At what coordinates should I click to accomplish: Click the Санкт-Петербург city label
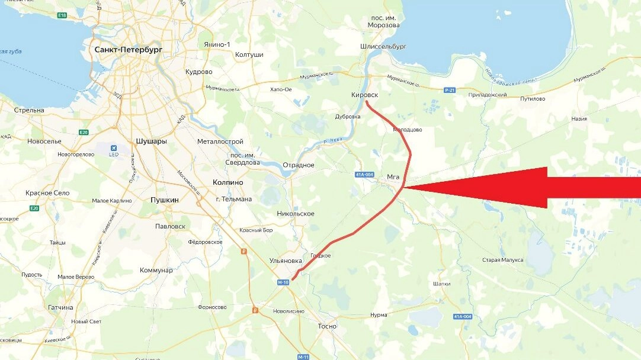[x=128, y=50]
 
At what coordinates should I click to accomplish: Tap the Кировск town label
[x=365, y=95]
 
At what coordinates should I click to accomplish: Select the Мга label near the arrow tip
[x=393, y=176]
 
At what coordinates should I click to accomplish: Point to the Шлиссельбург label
[x=383, y=46]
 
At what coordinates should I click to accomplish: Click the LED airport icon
[x=113, y=149]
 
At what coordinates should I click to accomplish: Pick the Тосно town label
[x=326, y=326]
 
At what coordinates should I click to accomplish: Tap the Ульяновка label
[x=286, y=261]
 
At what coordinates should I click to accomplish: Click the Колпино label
[x=227, y=183]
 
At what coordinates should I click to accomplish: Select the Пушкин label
[x=165, y=200]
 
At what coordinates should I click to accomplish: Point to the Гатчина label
[x=61, y=307]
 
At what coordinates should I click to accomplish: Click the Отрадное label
[x=298, y=165]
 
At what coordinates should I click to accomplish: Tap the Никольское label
[x=296, y=213]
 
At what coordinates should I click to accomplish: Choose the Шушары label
[x=151, y=142]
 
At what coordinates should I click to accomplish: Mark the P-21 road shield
[x=449, y=90]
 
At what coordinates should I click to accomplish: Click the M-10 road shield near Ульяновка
[x=283, y=282]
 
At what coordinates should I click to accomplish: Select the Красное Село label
[x=47, y=193]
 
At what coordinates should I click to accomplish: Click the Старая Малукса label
[x=503, y=260]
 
